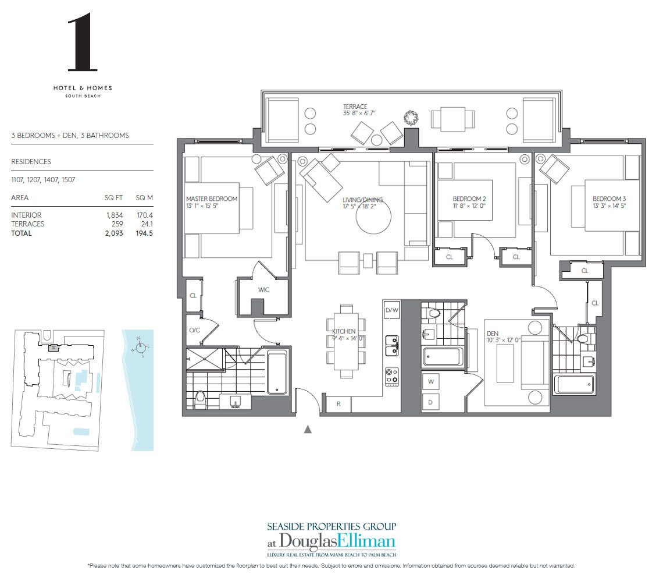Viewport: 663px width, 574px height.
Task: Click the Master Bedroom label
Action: click(x=212, y=199)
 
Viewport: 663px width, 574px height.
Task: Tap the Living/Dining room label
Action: click(x=362, y=200)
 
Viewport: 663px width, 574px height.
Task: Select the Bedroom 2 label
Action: click(x=469, y=199)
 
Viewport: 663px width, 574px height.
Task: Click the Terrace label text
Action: click(x=355, y=107)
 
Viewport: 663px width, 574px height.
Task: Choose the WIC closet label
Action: click(x=263, y=289)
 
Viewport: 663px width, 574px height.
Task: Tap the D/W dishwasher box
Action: click(x=392, y=311)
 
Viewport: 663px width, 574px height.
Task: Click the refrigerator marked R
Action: click(x=338, y=404)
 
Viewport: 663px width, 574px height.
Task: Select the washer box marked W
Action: click(x=431, y=382)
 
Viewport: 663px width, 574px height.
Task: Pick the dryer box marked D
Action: click(x=431, y=402)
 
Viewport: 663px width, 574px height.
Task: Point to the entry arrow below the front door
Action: click(x=308, y=430)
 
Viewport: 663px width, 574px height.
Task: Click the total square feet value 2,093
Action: click(x=114, y=233)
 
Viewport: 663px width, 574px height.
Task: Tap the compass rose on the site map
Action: click(x=139, y=348)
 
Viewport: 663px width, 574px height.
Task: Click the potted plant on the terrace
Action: click(x=411, y=118)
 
